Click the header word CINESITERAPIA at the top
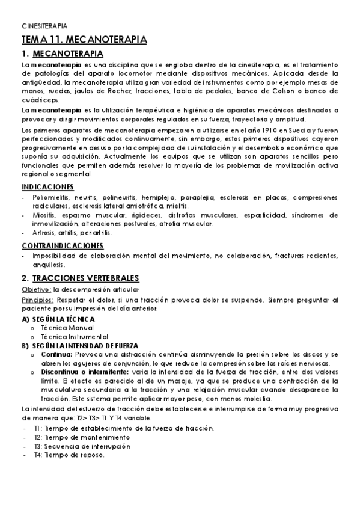(44, 26)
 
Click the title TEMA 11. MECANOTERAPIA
(84, 40)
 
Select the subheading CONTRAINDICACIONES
(63, 245)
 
